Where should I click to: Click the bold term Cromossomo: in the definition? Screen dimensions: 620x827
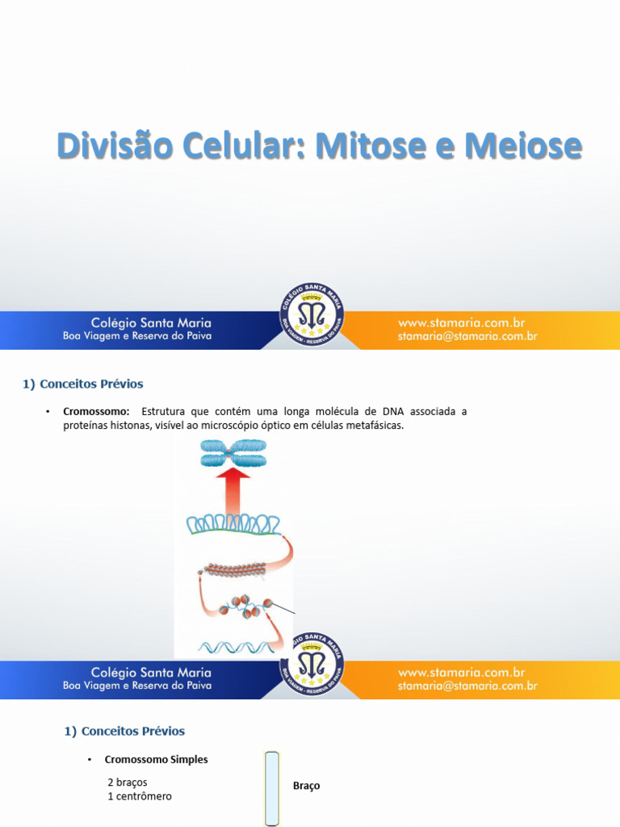click(96, 412)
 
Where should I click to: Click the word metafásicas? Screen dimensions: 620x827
click(373, 426)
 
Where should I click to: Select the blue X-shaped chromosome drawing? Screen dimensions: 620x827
click(233, 453)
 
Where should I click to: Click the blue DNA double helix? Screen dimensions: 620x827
click(234, 647)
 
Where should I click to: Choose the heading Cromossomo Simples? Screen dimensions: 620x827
click(156, 760)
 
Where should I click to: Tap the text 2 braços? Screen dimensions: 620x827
click(128, 783)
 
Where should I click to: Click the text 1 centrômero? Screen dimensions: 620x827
click(140, 796)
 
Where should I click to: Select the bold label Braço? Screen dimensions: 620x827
click(307, 786)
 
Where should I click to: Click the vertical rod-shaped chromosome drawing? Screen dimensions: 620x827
click(272, 788)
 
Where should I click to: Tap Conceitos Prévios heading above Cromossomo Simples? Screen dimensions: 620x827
click(124, 732)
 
